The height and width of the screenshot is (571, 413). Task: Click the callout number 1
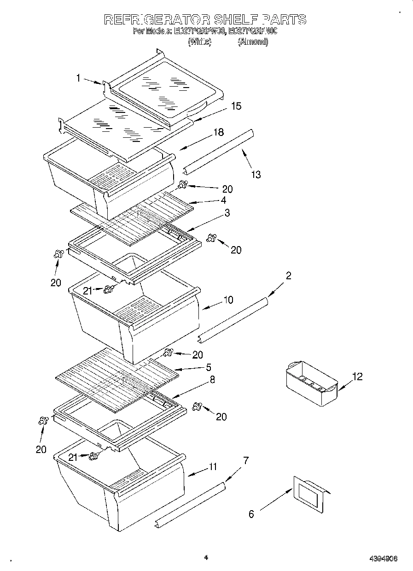tap(78, 79)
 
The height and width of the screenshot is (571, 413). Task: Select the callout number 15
tap(236, 106)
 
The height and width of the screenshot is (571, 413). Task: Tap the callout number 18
tap(218, 132)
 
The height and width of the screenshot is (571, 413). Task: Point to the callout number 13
tap(256, 174)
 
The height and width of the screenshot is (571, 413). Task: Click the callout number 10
tap(228, 300)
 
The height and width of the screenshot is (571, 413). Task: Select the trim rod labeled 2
tap(233, 320)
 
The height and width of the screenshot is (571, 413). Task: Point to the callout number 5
tap(208, 367)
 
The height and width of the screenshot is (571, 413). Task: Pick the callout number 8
tap(212, 380)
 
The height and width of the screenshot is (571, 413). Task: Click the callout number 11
tap(212, 466)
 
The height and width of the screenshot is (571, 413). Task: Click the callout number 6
tap(251, 514)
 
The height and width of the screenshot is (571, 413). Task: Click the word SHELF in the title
tap(236, 19)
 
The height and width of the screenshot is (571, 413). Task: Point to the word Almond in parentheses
tap(253, 41)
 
